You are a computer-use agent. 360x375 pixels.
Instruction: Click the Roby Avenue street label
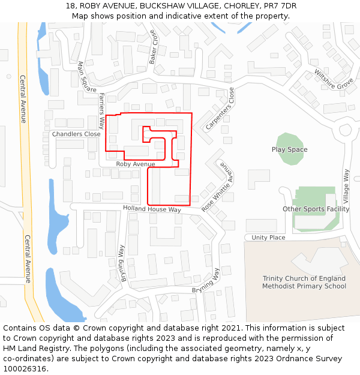pos(136,164)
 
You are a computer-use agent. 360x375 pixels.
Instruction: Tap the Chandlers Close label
pos(76,134)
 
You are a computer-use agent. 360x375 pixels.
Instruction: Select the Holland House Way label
pos(152,209)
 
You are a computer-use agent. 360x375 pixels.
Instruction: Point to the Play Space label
pos(289,150)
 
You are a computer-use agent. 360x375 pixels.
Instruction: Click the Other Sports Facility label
pos(316,209)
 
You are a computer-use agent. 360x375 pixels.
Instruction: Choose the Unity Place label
pos(268,238)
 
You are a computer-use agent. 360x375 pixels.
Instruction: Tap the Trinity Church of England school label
pos(304,282)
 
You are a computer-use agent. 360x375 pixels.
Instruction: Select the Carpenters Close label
pos(219,109)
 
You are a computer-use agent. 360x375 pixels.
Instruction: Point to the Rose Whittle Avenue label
pos(217,187)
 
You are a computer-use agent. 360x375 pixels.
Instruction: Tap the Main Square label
pos(87,77)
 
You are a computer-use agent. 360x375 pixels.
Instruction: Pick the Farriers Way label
pos(102,111)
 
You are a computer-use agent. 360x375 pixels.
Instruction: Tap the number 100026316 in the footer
pos(25,368)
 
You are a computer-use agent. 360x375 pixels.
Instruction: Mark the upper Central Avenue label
pos(23,99)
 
